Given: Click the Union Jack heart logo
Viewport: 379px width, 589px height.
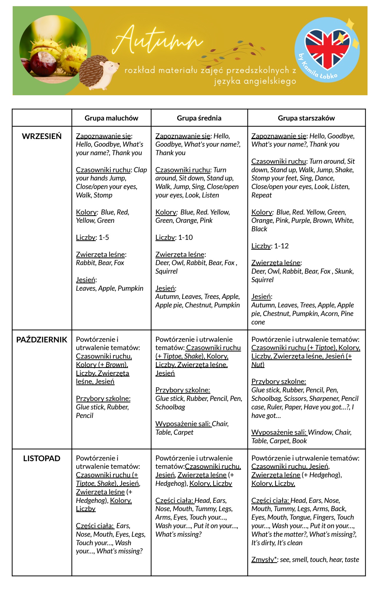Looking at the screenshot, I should (x=327, y=48).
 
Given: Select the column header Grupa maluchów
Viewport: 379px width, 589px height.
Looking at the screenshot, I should (x=111, y=118).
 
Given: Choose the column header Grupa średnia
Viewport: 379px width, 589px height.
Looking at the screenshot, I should (x=199, y=118).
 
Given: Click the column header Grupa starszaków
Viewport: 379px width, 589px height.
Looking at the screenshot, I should (x=306, y=118).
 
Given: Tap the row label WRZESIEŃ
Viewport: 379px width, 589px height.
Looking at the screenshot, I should (x=42, y=136).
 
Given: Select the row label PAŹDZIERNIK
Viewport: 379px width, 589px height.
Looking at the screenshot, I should (x=42, y=340).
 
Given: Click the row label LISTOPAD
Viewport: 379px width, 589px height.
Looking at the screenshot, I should (x=42, y=459).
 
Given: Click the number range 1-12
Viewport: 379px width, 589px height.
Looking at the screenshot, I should (x=281, y=246).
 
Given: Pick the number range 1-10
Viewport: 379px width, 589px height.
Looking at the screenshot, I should (x=186, y=237).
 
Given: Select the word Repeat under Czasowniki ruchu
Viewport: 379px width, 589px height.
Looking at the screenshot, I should (x=262, y=195).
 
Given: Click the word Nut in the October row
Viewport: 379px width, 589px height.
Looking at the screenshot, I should (x=257, y=365).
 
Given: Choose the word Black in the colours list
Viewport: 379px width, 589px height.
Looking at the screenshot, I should (x=259, y=229).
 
